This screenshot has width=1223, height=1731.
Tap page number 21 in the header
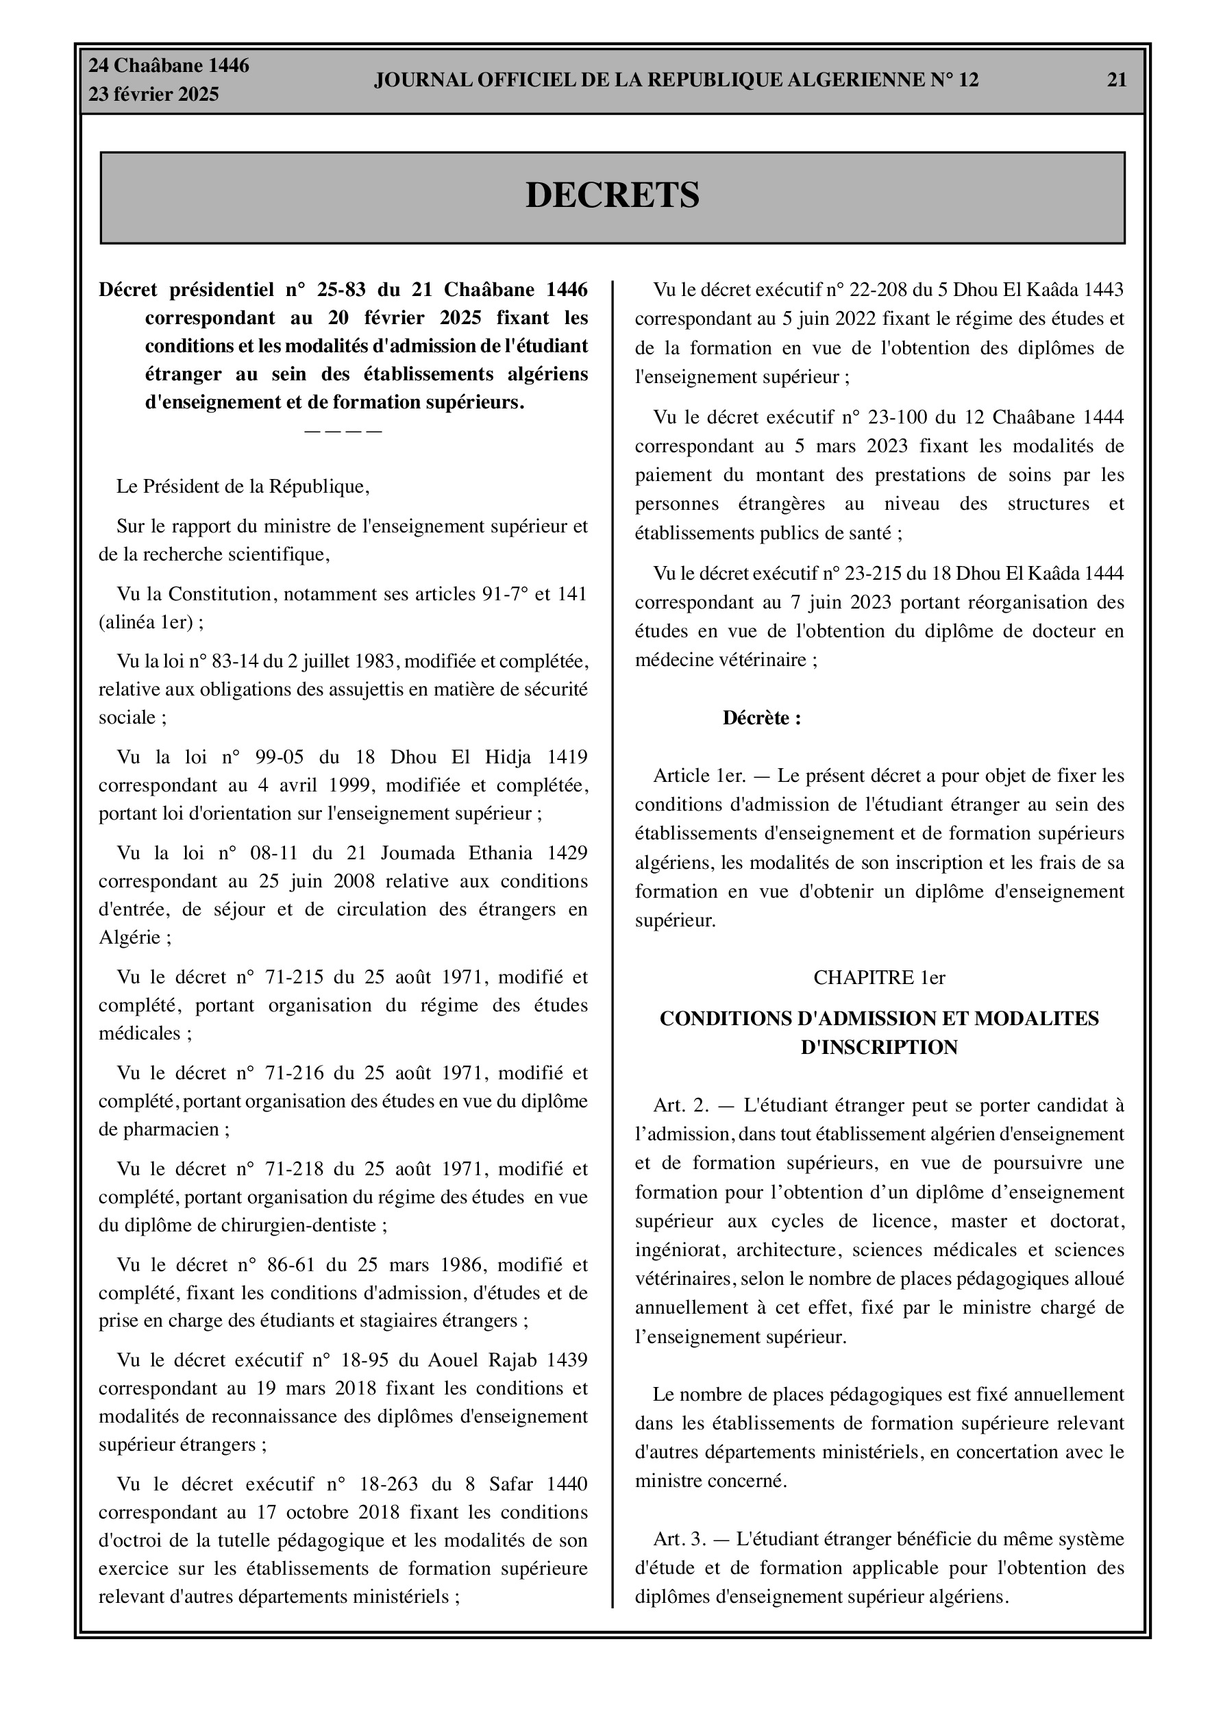(x=1116, y=80)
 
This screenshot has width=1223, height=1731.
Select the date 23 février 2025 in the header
(x=154, y=95)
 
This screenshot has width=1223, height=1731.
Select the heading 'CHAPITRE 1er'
(x=879, y=978)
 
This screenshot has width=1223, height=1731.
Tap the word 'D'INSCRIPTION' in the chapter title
(x=879, y=1047)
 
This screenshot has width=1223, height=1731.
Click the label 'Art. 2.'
(x=681, y=1105)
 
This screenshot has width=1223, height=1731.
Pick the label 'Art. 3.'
(x=680, y=1538)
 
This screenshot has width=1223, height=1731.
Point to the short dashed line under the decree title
(x=343, y=431)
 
